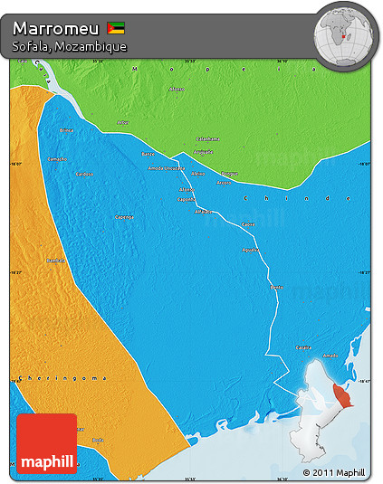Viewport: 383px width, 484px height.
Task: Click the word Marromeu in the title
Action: (x=54, y=27)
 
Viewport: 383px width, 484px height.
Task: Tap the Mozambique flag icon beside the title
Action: (x=116, y=27)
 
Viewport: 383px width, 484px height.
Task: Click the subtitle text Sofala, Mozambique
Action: (x=70, y=46)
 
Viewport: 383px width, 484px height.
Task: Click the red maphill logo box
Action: (x=46, y=443)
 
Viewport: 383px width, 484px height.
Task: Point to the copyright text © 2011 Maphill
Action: (x=334, y=472)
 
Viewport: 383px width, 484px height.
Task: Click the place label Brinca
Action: (x=66, y=130)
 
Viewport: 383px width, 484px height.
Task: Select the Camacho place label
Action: (x=56, y=158)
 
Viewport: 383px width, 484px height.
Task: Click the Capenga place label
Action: (x=124, y=217)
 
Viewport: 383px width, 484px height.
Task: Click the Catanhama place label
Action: (x=208, y=138)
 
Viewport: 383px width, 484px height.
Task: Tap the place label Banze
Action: (x=148, y=154)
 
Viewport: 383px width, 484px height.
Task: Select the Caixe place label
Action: (x=249, y=223)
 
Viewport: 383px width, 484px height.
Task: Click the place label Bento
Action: (x=277, y=287)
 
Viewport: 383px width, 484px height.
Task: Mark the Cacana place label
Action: (x=304, y=346)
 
